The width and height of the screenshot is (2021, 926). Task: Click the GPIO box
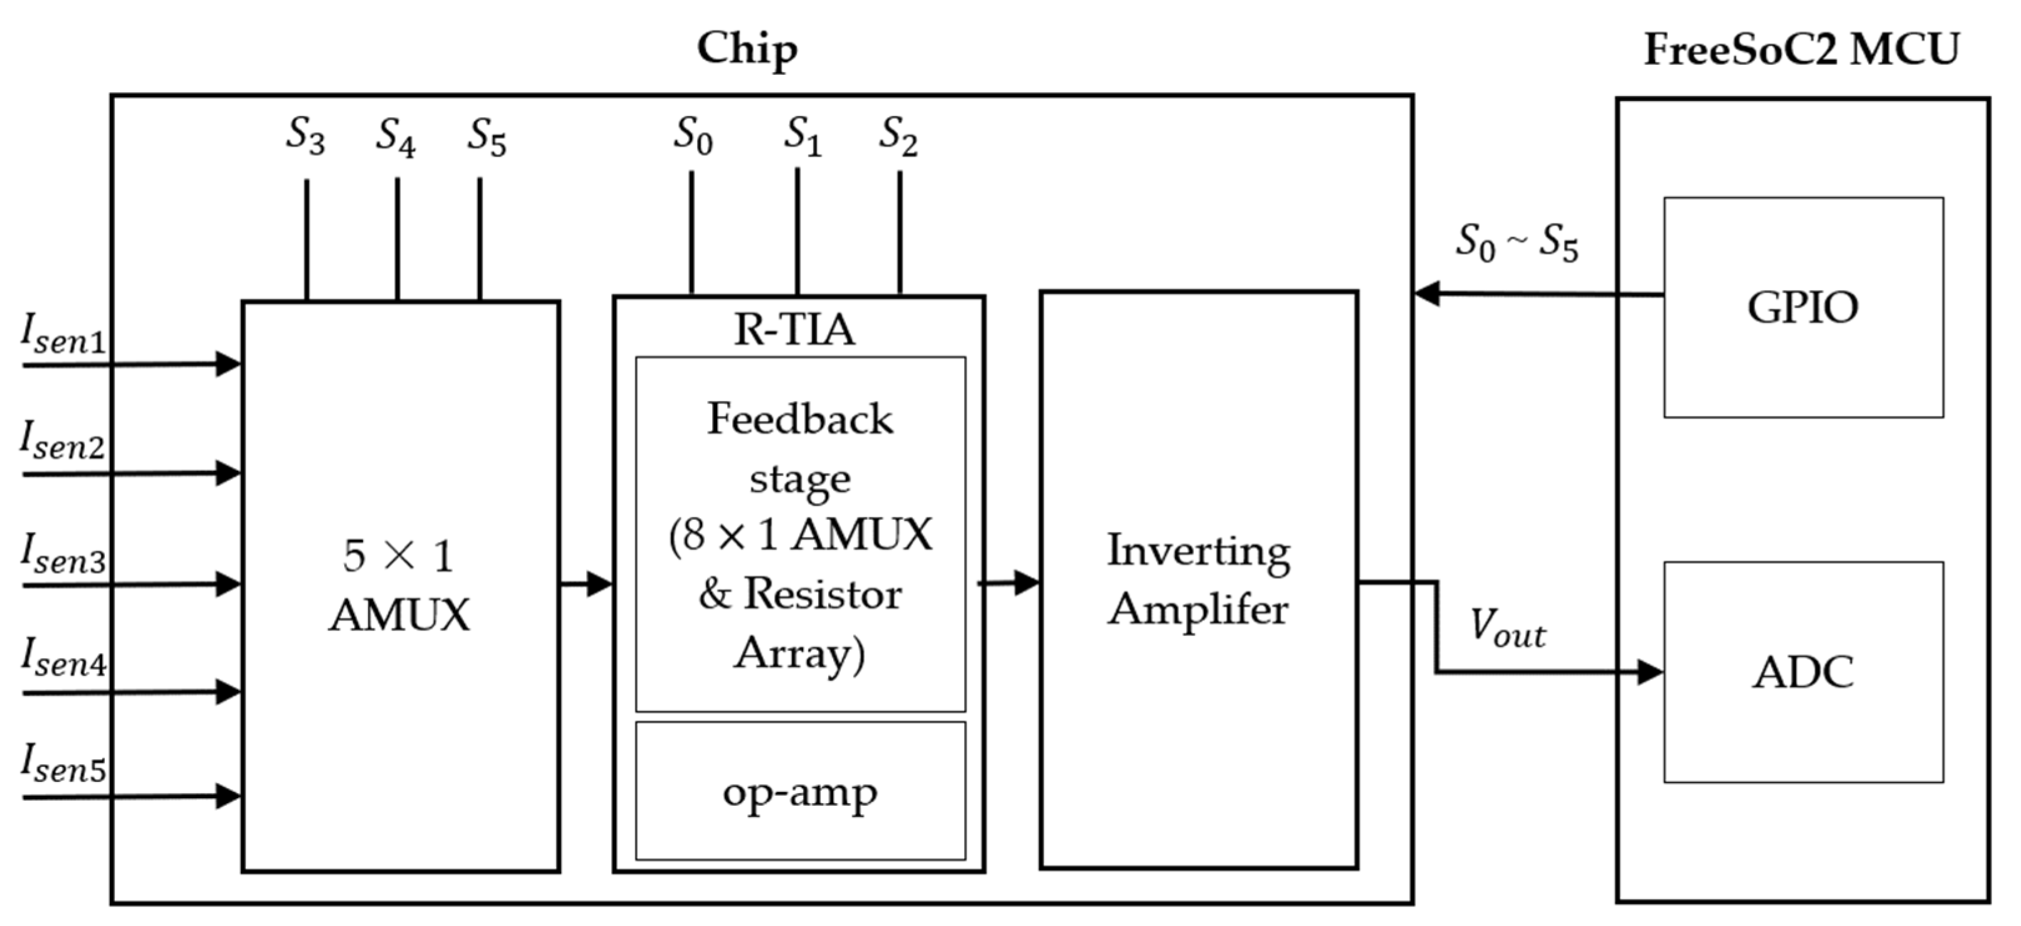(x=1803, y=307)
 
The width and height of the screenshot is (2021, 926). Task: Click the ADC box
(x=1803, y=672)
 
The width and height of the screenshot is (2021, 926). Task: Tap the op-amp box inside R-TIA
(x=799, y=791)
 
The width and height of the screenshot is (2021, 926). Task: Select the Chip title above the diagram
(x=747, y=49)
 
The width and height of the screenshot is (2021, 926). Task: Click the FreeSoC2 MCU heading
(x=1802, y=49)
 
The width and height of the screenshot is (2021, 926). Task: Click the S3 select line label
(x=304, y=135)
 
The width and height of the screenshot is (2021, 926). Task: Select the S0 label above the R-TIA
(x=692, y=135)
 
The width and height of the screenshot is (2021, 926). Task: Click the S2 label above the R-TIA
(x=897, y=135)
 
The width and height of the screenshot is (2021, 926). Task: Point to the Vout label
(x=1507, y=629)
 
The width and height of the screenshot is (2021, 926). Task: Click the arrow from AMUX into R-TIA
(x=586, y=584)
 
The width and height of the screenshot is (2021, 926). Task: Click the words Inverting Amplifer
(x=1198, y=579)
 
